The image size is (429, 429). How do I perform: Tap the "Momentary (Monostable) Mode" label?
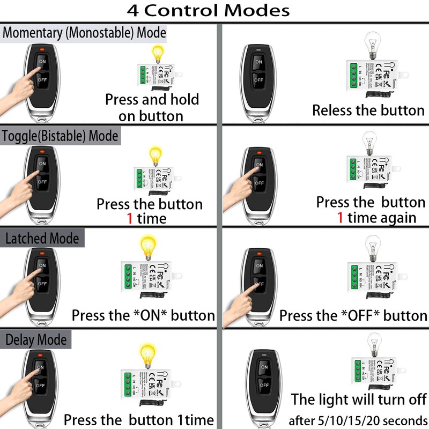[84, 33]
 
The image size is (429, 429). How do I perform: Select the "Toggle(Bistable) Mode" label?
[60, 136]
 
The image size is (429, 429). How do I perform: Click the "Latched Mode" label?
[42, 238]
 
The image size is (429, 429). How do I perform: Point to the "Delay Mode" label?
[36, 340]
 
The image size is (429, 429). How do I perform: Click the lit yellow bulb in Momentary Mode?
[158, 54]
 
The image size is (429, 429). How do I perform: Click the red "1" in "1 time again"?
[340, 218]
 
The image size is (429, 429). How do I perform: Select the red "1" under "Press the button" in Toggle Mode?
[129, 218]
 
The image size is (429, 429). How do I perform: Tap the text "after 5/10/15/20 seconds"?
[359, 419]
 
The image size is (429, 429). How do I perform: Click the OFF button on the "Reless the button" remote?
[258, 80]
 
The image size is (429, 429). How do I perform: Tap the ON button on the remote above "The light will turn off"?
[263, 367]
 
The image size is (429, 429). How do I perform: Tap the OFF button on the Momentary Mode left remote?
[42, 80]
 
